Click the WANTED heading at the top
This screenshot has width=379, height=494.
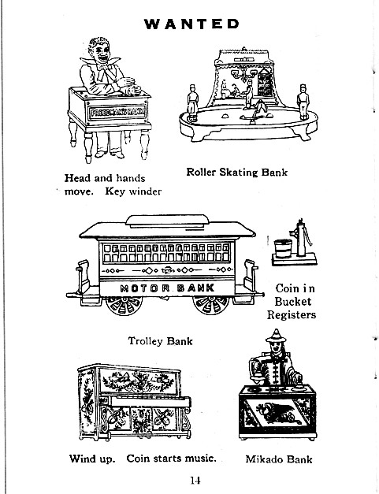[191, 24]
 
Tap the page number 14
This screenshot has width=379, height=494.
[195, 480]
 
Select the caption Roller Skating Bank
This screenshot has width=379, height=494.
[237, 172]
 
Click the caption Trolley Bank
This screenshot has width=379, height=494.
[160, 341]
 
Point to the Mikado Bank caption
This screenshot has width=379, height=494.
[279, 459]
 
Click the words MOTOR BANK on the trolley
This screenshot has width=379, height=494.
[167, 288]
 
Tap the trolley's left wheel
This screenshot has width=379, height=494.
[124, 305]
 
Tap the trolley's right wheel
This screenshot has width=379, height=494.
[211, 305]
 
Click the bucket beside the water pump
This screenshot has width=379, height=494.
[283, 248]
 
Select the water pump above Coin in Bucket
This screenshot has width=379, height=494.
[301, 238]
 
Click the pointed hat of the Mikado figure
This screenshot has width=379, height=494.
[276, 336]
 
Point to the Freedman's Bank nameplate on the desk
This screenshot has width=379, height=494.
[117, 112]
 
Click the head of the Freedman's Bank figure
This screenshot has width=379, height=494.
[100, 51]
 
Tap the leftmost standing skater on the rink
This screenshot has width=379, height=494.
[192, 102]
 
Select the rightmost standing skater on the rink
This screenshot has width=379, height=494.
[303, 102]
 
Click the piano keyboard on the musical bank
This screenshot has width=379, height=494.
[149, 401]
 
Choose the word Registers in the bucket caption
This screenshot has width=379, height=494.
[292, 315]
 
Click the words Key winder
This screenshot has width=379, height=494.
[133, 191]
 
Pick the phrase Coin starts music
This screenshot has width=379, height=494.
[172, 459]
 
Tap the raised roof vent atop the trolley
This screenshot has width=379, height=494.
[167, 221]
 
